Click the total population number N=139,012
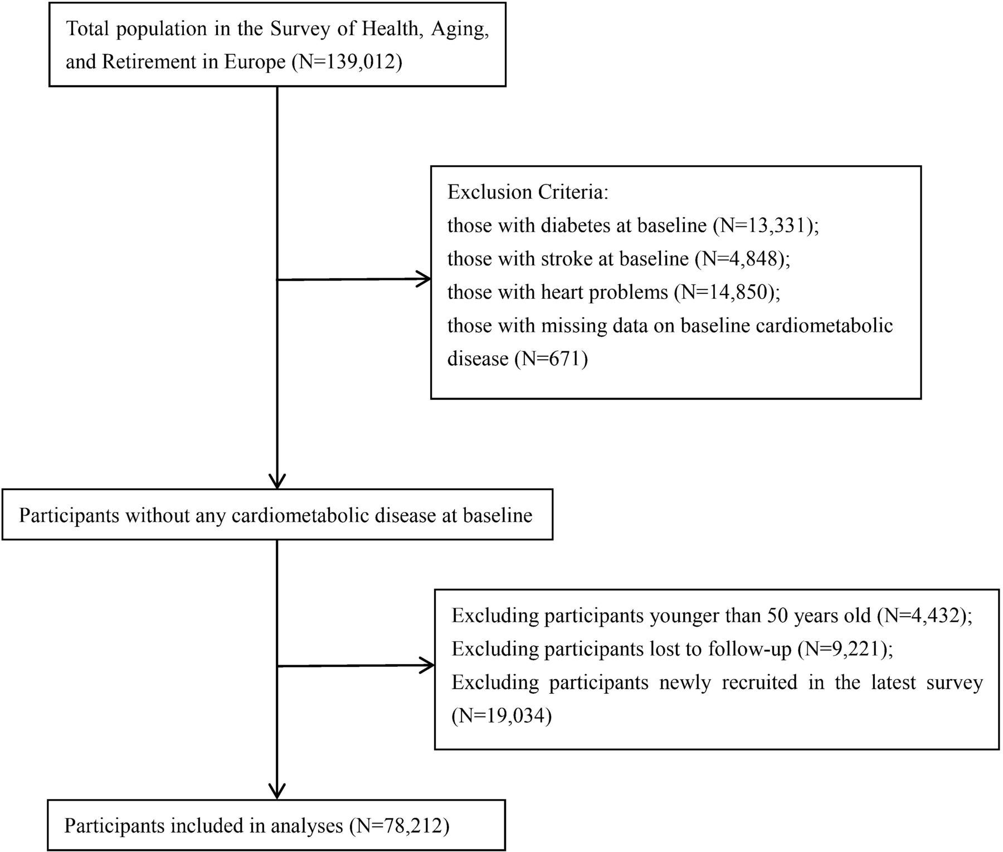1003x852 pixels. pos(347,61)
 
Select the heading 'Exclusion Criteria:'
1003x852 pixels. pos(528,192)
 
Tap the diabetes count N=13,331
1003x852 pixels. pos(762,225)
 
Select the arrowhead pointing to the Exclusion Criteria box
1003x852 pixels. pos(423,279)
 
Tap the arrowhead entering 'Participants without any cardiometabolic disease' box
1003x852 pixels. pos(277,481)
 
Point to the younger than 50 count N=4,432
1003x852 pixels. pos(923,616)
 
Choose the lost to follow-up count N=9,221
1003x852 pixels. pos(843,649)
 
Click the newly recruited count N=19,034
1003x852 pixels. pos(501,716)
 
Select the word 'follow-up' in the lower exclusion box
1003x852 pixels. pos(750,649)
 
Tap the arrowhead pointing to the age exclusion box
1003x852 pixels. pos(427,665)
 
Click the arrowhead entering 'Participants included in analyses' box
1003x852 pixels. pos(277,792)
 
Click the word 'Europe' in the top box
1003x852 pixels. pos(255,62)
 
